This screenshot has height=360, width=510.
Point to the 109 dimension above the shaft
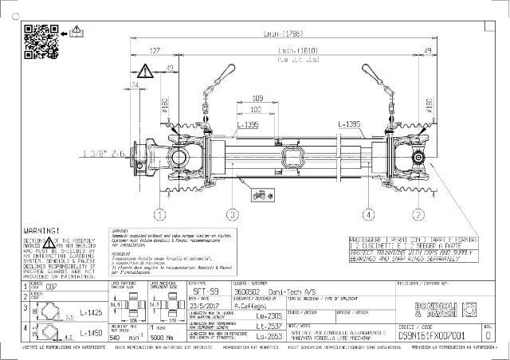click(257, 97)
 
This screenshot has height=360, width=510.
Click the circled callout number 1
click(160, 214)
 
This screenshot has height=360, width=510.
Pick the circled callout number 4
click(369, 214)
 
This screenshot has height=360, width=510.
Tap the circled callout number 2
click(418, 214)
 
